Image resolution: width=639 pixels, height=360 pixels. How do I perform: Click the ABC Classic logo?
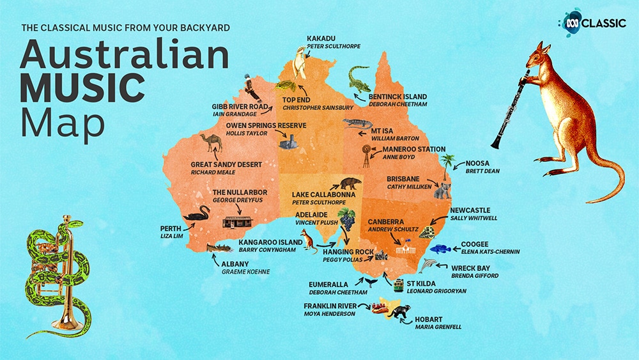point(591,22)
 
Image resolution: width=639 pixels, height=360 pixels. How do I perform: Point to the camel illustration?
point(210,143)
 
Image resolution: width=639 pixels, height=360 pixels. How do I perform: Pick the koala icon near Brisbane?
point(442,190)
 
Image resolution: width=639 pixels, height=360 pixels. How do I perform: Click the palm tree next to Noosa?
point(449,164)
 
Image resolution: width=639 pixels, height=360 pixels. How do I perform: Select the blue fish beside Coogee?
point(440,249)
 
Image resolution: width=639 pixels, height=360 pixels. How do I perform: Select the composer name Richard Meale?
point(213,173)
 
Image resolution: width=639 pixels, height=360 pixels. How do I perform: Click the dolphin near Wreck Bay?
point(429,265)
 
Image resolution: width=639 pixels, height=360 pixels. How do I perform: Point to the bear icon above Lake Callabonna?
point(350,184)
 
